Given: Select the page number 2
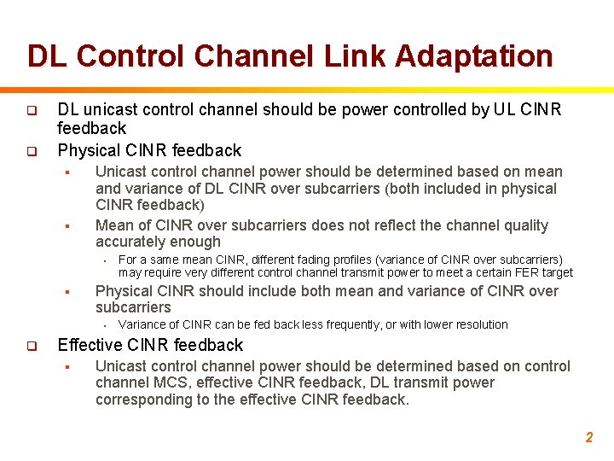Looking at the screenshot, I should pos(588,437).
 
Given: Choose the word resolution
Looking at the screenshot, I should pos(480,324).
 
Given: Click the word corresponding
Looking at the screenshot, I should pos(148,400).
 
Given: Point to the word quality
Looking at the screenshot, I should pos(524,225).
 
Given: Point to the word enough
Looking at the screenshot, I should pos(197,242).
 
